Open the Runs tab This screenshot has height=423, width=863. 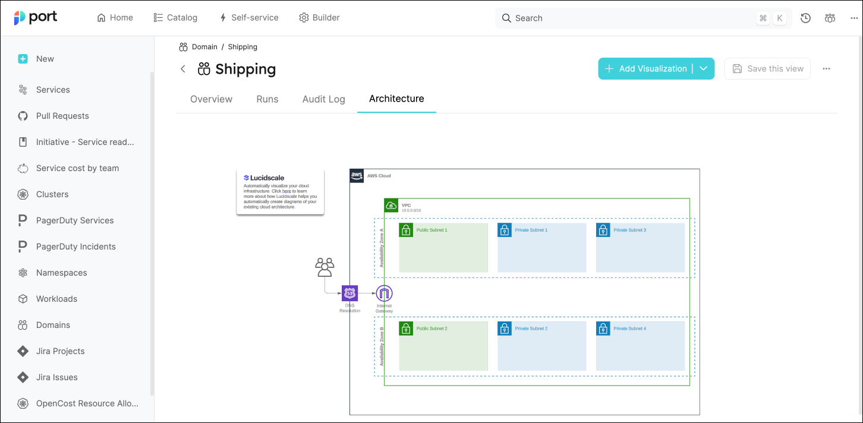[x=267, y=99]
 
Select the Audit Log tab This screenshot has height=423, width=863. [x=323, y=99]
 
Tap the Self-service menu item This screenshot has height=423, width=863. [x=248, y=18]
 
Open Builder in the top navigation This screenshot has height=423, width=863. [x=319, y=18]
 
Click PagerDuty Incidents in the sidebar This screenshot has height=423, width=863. [x=75, y=247]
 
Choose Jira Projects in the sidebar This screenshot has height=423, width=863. [x=60, y=351]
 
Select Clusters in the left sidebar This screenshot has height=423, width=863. [x=52, y=194]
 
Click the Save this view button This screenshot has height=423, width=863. [x=767, y=69]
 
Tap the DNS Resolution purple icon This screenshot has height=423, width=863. [x=350, y=293]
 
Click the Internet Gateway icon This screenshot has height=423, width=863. [x=385, y=293]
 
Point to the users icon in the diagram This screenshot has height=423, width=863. [x=325, y=267]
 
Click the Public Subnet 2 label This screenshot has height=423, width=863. [x=431, y=329]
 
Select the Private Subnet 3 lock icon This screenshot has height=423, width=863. [x=603, y=230]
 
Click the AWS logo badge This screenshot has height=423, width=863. [x=357, y=176]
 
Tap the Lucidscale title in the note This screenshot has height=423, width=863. [x=264, y=178]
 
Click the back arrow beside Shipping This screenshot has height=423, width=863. [x=183, y=69]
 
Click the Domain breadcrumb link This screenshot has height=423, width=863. [x=204, y=47]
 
